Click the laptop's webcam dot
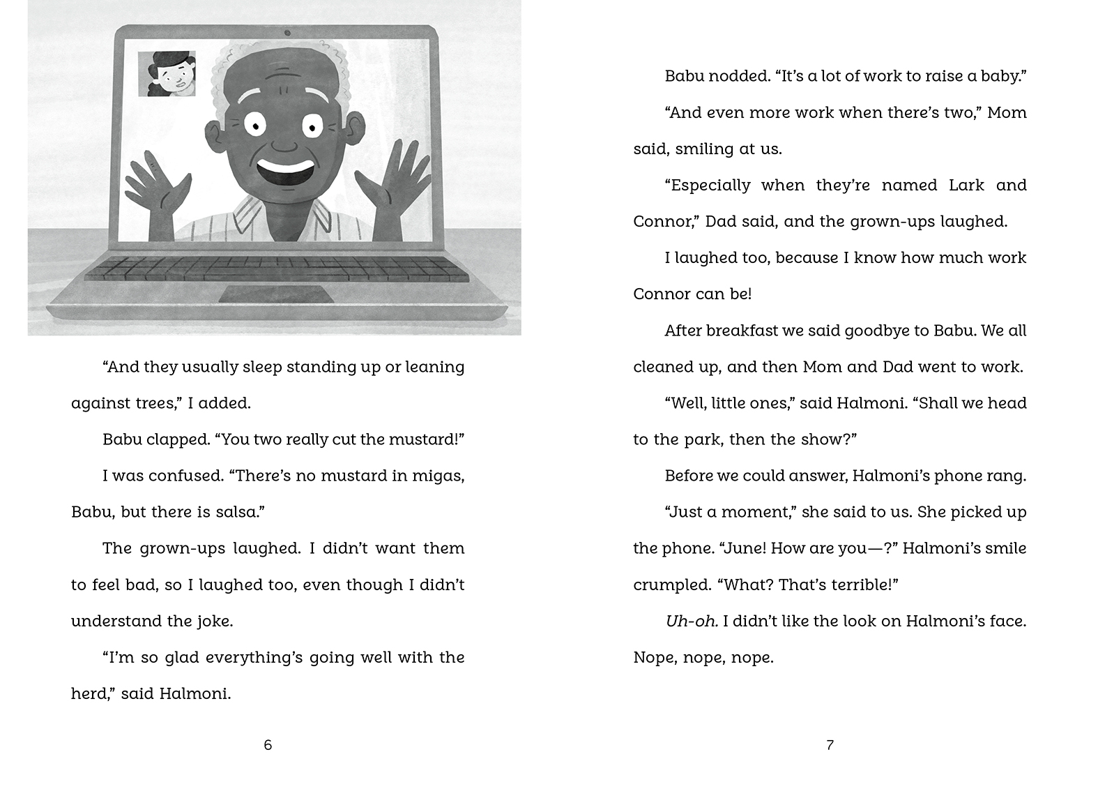(287, 33)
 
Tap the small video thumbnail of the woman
(167, 73)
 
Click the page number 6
(268, 745)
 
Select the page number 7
(830, 745)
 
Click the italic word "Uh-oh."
(691, 621)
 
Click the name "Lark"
(966, 186)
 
